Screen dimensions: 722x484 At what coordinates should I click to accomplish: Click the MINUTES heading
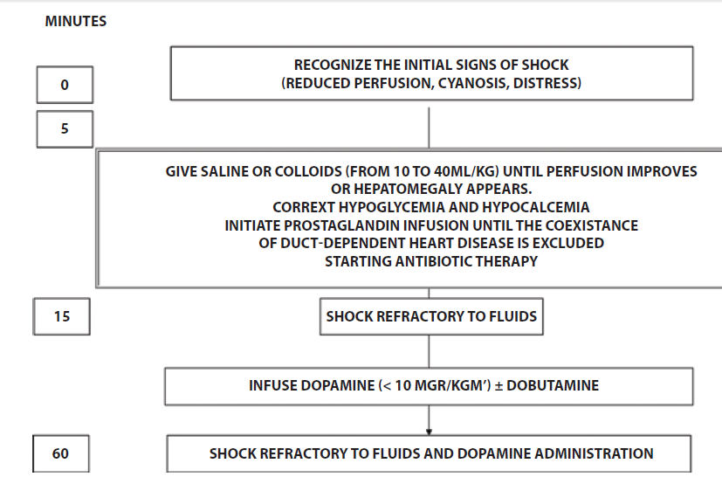click(75, 21)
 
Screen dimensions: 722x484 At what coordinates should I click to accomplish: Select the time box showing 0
click(65, 85)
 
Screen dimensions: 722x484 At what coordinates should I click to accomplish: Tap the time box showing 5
click(65, 129)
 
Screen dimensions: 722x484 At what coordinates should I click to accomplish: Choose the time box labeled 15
click(62, 316)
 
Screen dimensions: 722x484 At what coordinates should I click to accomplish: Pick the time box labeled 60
click(61, 453)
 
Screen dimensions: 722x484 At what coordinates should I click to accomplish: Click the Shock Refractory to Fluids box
click(431, 316)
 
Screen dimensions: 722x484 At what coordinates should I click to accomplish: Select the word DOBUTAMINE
click(553, 385)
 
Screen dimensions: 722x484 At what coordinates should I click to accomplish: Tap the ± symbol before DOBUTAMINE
click(499, 386)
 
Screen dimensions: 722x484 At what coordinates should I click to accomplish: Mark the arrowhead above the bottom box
click(430, 432)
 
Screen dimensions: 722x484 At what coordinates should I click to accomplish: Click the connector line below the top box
click(430, 128)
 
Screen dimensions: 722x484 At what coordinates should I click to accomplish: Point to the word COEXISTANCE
click(592, 225)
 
